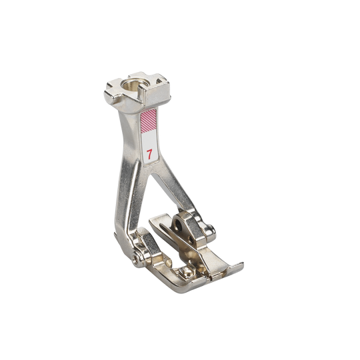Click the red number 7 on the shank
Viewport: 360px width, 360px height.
149,154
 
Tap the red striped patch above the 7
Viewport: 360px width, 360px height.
149,121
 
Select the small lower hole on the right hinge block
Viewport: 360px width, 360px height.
190,240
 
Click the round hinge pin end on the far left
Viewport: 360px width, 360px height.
137,260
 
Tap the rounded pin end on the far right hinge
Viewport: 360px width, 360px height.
211,230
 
